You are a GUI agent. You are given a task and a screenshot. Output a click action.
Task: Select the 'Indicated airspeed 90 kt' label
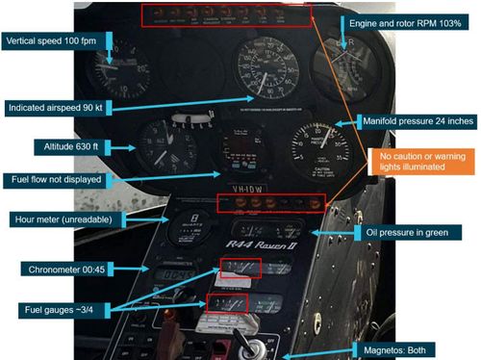(57, 106)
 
